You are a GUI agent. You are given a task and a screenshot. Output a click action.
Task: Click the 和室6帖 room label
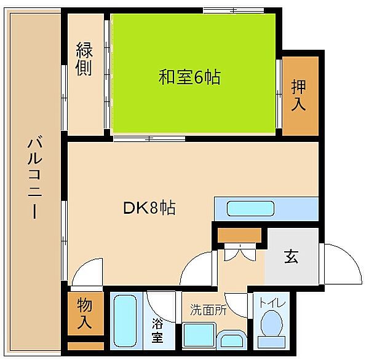(x=190, y=78)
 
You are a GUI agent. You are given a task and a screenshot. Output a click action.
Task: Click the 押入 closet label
(x=298, y=95)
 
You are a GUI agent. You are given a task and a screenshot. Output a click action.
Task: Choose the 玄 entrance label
(x=291, y=257)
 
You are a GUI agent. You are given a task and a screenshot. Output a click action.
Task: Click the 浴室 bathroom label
(x=157, y=330)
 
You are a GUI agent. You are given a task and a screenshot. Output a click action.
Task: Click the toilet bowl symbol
(x=271, y=326)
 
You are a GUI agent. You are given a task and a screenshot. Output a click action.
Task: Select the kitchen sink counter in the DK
(x=265, y=208)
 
